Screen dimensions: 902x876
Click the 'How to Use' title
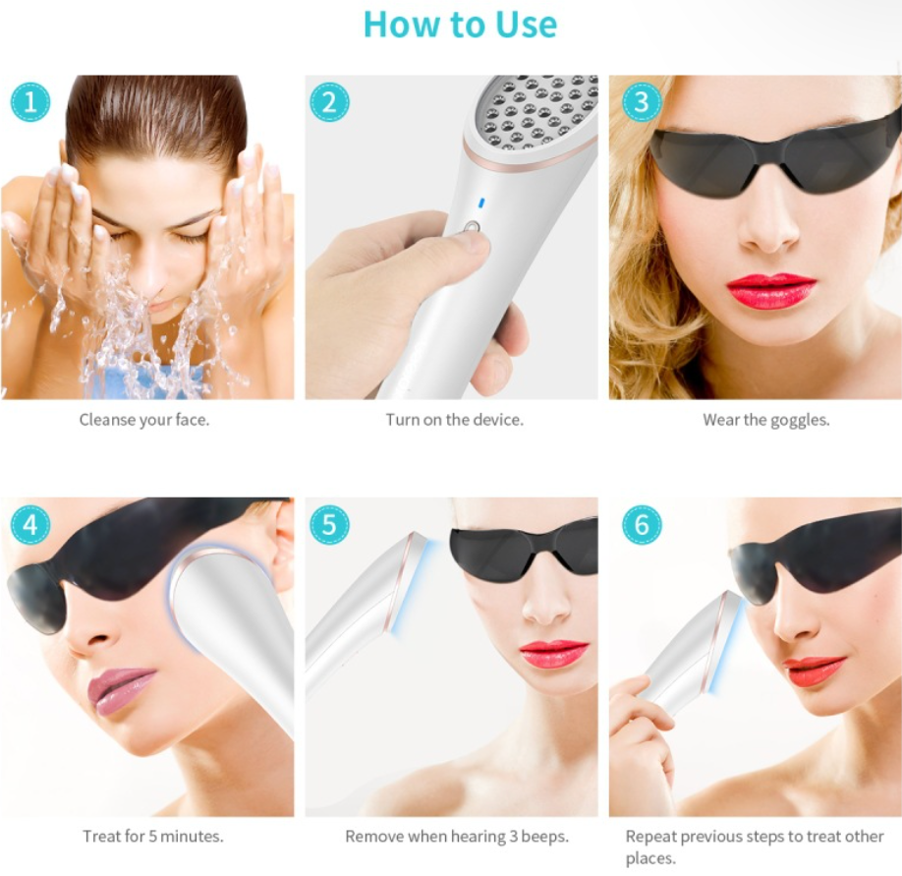(x=460, y=25)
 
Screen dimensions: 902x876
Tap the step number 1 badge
(x=29, y=102)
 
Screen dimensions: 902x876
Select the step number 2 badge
(x=329, y=102)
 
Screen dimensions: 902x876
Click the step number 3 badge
(x=642, y=102)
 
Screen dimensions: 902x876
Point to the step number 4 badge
(x=29, y=524)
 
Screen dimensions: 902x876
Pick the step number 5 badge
(x=329, y=524)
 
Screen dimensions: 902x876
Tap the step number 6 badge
(x=642, y=524)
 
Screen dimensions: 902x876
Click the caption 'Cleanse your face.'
(x=144, y=420)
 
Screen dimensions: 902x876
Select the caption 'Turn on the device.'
(x=455, y=420)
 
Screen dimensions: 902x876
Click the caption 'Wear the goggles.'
(x=766, y=420)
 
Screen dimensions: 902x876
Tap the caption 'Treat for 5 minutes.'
(x=153, y=836)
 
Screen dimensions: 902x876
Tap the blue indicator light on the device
(x=481, y=203)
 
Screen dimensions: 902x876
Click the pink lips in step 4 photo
(x=120, y=689)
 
